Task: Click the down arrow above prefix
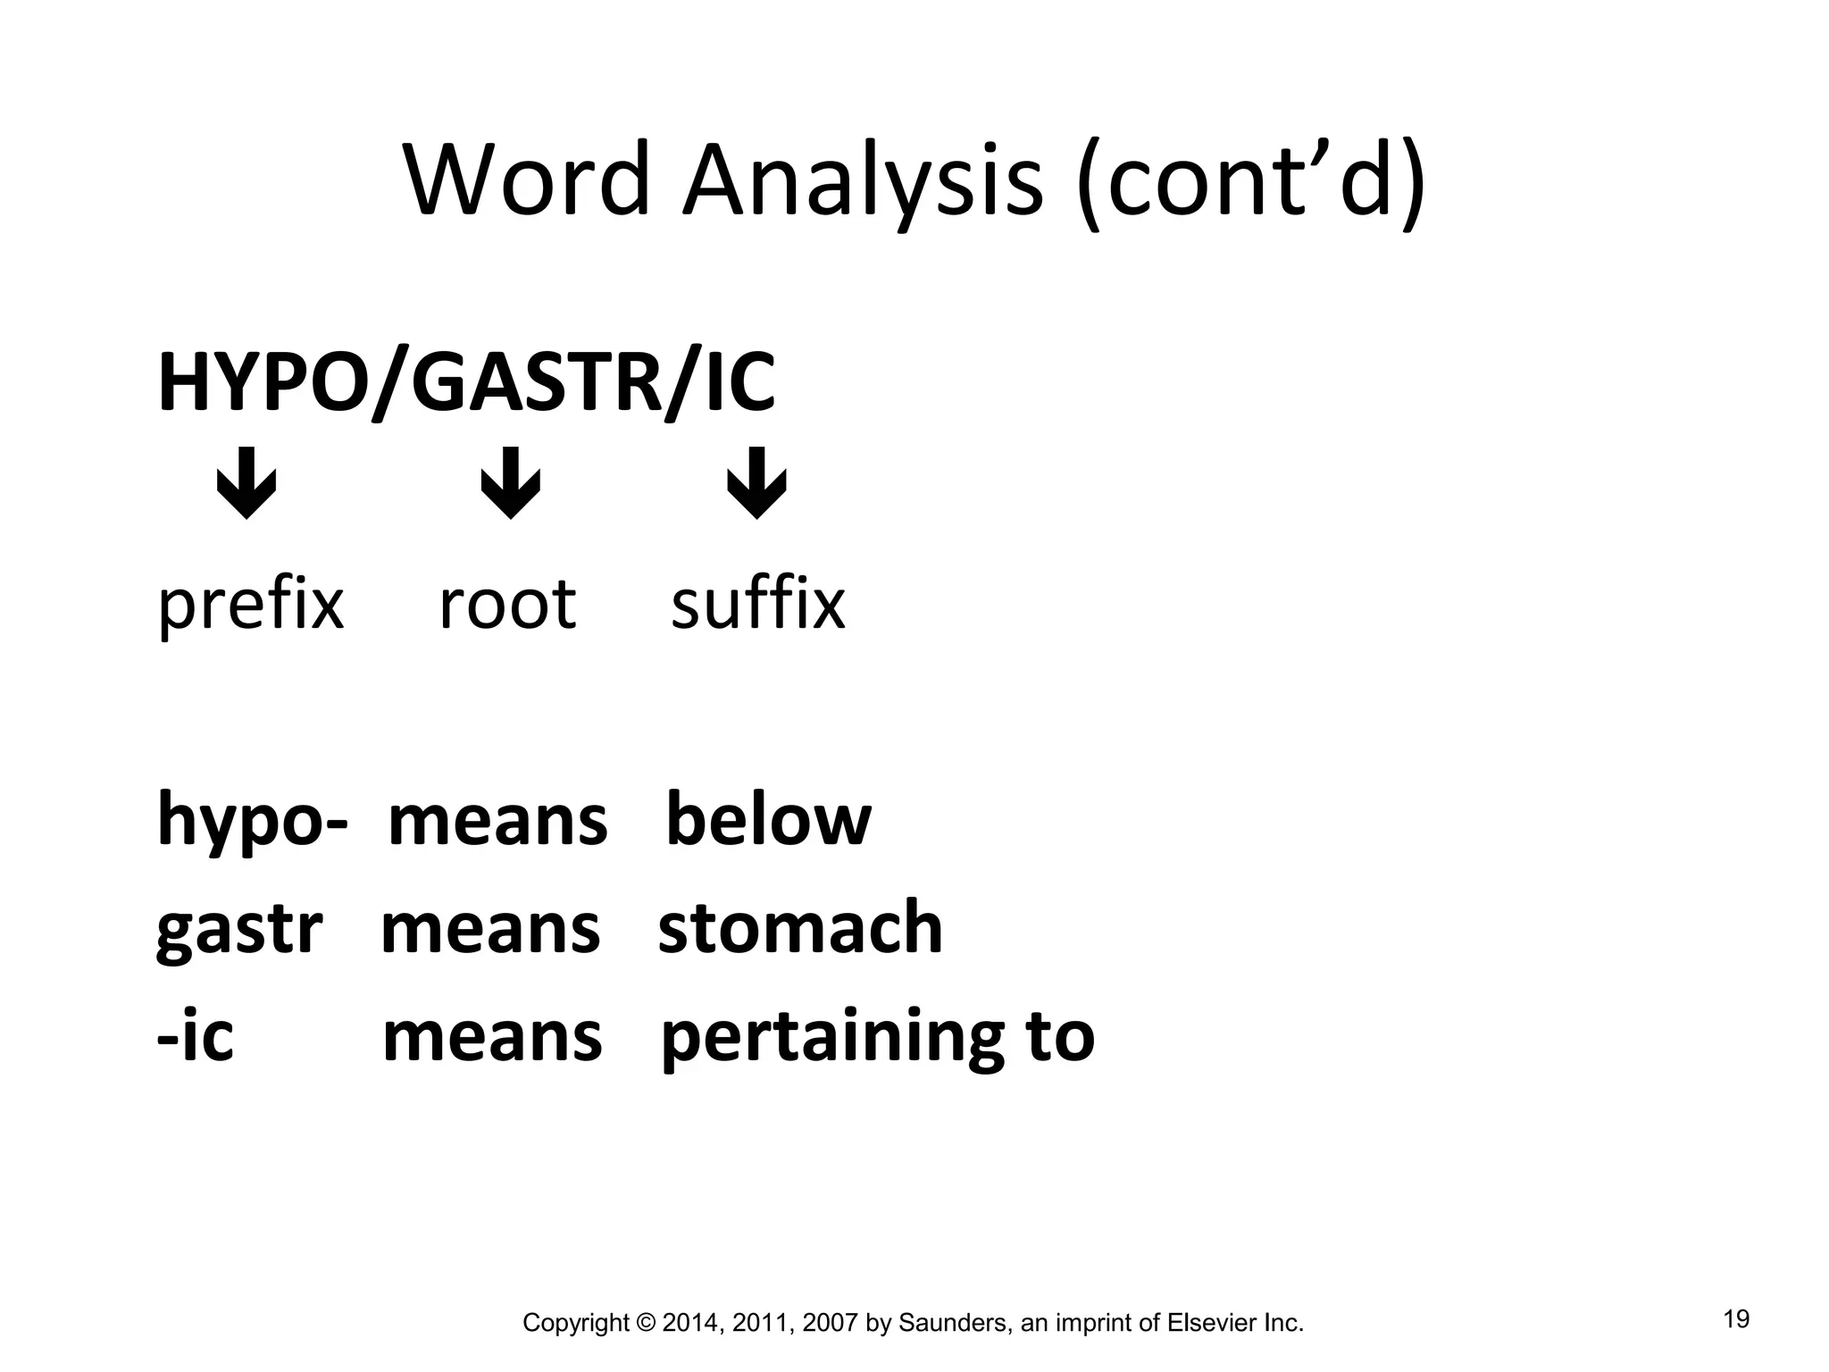click(246, 482)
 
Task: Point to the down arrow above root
click(511, 482)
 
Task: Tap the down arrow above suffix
click(756, 482)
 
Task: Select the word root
click(507, 605)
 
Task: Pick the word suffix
click(757, 605)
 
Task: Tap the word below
click(768, 819)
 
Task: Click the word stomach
click(800, 928)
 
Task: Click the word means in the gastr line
click(490, 930)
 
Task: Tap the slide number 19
click(1736, 1319)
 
